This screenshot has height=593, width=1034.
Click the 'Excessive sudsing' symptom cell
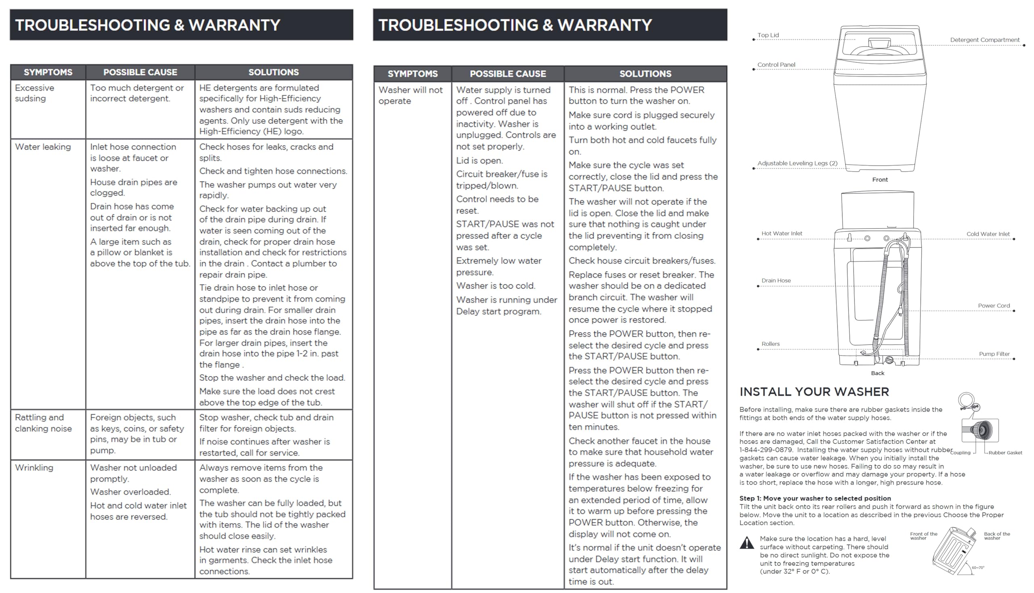pyautogui.click(x=35, y=93)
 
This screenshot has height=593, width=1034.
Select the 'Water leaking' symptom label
pyautogui.click(x=43, y=147)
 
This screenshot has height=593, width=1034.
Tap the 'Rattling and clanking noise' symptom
pyautogui.click(x=43, y=423)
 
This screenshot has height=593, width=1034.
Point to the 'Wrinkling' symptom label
pyautogui.click(x=34, y=468)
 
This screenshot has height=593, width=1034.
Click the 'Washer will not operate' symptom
pyautogui.click(x=410, y=95)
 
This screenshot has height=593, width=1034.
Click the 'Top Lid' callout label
pyautogui.click(x=768, y=35)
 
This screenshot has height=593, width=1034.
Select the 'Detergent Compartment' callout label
pyautogui.click(x=984, y=40)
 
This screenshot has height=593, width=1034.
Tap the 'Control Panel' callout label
pyautogui.click(x=776, y=65)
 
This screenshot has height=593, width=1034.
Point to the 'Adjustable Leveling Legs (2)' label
pyautogui.click(x=797, y=163)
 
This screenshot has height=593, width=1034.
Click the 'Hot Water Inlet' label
pyautogui.click(x=782, y=234)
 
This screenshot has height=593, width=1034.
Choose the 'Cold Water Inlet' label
pyautogui.click(x=988, y=234)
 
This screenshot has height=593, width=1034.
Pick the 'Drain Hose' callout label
pyautogui.click(x=776, y=281)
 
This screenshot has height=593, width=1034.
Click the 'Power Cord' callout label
pyautogui.click(x=994, y=306)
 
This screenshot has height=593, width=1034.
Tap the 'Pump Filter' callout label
pyautogui.click(x=994, y=354)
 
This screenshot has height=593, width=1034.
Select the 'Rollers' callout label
pyautogui.click(x=770, y=344)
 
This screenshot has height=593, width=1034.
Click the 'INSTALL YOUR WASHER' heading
pyautogui.click(x=814, y=392)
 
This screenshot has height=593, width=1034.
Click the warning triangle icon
pyautogui.click(x=746, y=543)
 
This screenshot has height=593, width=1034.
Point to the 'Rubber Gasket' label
pyautogui.click(x=1005, y=453)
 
